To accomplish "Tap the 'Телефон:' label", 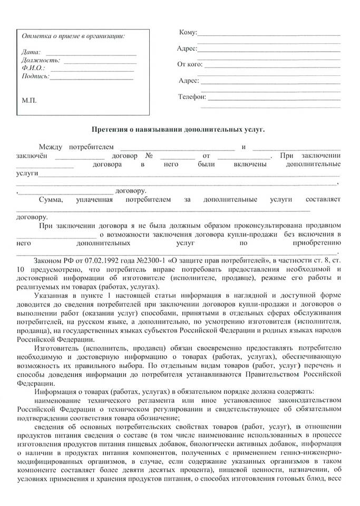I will (192, 97).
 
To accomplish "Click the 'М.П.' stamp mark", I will (29, 100).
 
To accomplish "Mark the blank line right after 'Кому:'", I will (269, 34).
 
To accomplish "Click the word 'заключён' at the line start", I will (32, 156).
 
